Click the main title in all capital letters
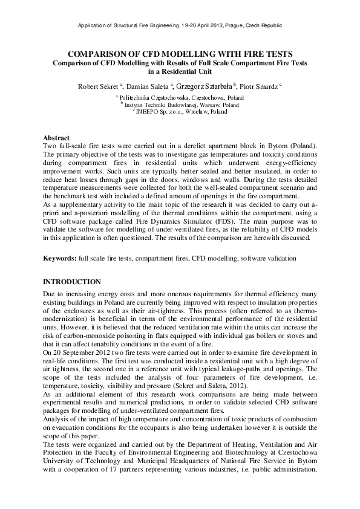click(180, 53)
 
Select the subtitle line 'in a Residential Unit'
click(180, 71)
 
